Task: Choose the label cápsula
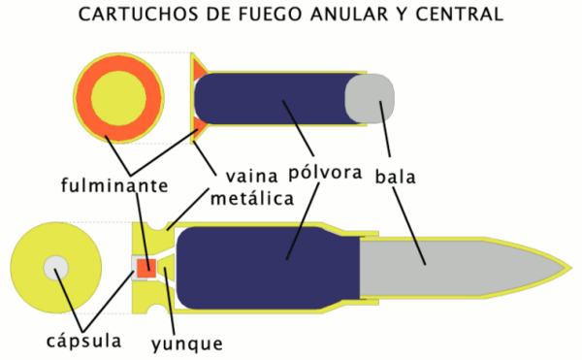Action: [84, 342]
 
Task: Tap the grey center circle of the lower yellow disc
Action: [54, 267]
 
